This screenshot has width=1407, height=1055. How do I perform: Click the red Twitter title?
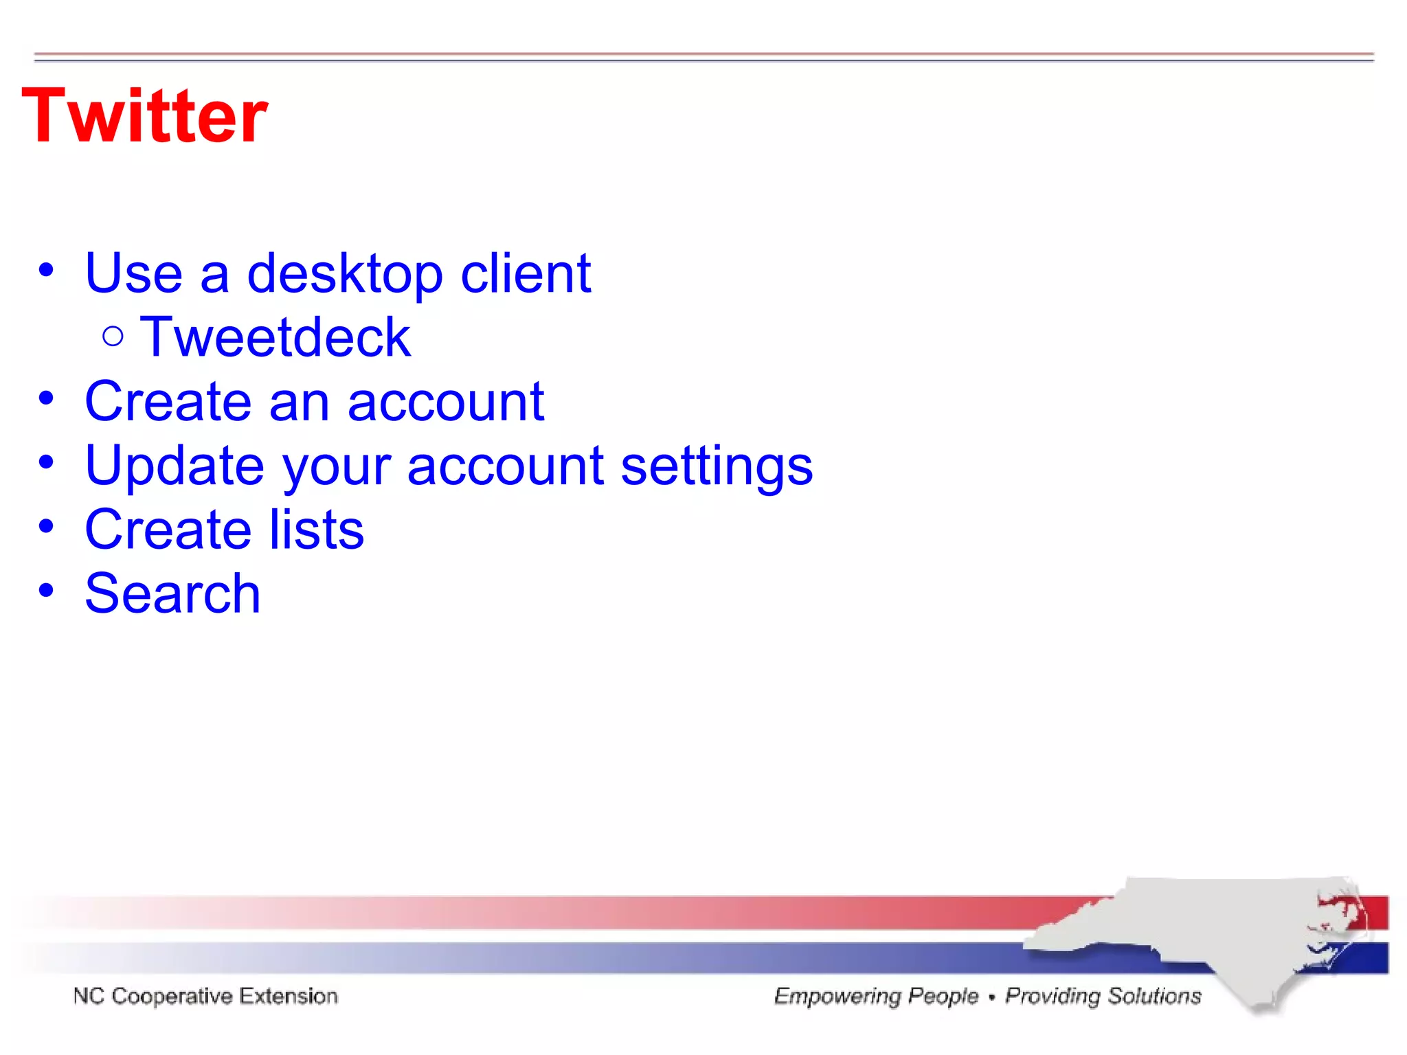click(144, 117)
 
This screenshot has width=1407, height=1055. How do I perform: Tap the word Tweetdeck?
click(275, 337)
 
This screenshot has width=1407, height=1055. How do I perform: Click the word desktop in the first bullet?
click(345, 273)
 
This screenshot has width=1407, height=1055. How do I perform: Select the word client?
click(525, 273)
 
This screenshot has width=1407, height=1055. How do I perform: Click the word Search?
click(172, 593)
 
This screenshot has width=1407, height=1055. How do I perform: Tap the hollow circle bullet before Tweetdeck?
click(113, 337)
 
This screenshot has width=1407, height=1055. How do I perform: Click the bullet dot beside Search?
click(46, 590)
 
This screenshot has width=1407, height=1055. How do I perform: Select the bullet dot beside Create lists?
click(46, 527)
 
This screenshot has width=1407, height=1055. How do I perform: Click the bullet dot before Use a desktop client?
click(46, 270)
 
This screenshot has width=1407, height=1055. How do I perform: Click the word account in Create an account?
click(445, 402)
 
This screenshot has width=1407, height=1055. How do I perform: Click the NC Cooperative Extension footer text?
click(205, 996)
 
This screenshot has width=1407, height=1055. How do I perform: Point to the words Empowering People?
click(876, 996)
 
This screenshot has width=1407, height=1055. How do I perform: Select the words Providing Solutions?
click(1103, 996)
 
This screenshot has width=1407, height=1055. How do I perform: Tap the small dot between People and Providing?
click(991, 997)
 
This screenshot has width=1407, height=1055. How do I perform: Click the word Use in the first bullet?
click(133, 273)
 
